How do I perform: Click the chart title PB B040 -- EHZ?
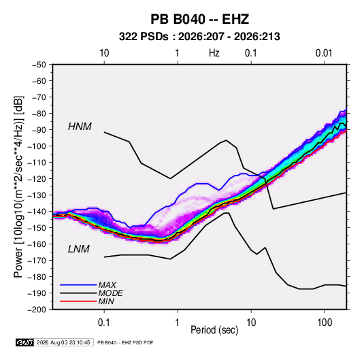click(x=199, y=19)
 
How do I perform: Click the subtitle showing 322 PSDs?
click(x=199, y=37)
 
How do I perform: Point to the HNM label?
click(x=80, y=127)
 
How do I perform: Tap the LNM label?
click(x=79, y=249)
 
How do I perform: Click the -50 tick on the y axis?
click(x=39, y=65)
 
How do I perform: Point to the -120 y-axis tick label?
click(x=37, y=179)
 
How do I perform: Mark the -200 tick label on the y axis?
click(x=37, y=310)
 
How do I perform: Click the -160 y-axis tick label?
click(x=37, y=244)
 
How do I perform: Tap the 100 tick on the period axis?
click(x=325, y=323)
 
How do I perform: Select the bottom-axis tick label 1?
click(x=178, y=323)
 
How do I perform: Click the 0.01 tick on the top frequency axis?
click(x=324, y=53)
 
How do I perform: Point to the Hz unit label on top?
click(x=214, y=53)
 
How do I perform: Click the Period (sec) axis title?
click(x=214, y=330)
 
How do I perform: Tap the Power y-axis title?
click(x=18, y=186)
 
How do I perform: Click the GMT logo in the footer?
click(x=24, y=342)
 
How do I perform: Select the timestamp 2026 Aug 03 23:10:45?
click(x=63, y=342)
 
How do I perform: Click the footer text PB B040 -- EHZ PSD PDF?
click(x=125, y=342)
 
